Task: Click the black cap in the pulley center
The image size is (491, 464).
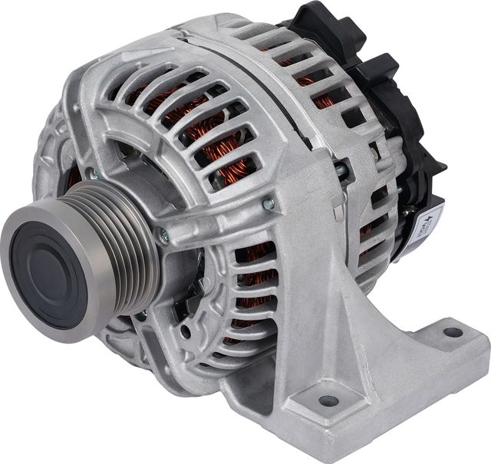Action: coord(48,265)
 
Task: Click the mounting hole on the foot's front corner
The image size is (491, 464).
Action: coord(328,400)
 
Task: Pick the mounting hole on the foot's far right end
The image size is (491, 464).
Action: coord(453,333)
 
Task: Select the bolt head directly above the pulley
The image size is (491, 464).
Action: coord(92,176)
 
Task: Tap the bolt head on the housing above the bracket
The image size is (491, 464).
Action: coord(269,203)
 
